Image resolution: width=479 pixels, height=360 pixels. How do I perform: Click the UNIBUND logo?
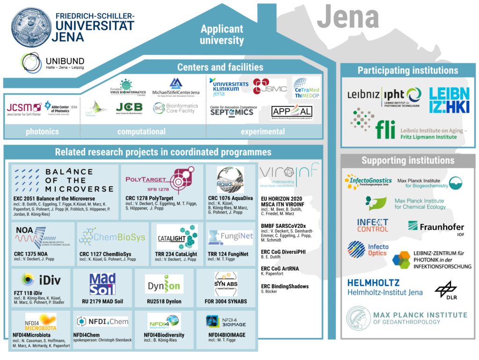(x=52, y=63)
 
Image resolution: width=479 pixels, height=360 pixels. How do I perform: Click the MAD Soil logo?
(x=102, y=284)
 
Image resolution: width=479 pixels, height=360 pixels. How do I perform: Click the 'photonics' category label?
(x=43, y=132)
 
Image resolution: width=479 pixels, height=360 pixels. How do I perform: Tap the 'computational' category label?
(x=141, y=132)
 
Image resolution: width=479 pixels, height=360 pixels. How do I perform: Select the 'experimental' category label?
(x=262, y=132)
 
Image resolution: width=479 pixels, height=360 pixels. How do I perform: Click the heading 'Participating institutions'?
(x=408, y=71)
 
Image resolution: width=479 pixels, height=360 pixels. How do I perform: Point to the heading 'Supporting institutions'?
(x=407, y=161)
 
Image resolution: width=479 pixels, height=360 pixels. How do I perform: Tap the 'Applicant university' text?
(x=222, y=35)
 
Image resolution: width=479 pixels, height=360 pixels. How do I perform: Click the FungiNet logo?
(x=231, y=237)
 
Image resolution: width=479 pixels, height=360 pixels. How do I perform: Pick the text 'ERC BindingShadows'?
(x=284, y=286)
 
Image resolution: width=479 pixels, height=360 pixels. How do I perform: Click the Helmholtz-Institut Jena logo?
(x=385, y=287)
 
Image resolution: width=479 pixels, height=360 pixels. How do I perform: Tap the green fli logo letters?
(x=385, y=130)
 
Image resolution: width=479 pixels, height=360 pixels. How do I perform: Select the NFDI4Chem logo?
(x=102, y=322)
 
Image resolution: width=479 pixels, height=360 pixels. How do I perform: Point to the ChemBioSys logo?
(x=112, y=237)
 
